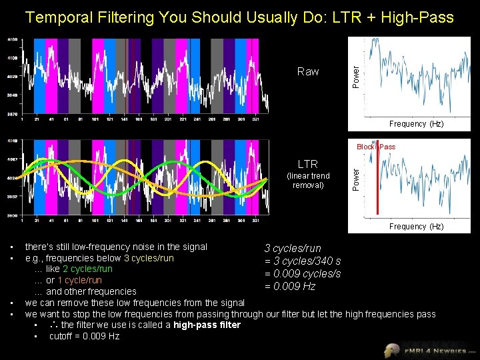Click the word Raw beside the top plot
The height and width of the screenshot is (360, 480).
(x=307, y=71)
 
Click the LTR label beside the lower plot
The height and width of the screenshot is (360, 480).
(x=307, y=164)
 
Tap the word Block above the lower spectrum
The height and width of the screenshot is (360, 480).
(x=365, y=147)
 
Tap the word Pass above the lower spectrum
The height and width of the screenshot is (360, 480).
(x=387, y=147)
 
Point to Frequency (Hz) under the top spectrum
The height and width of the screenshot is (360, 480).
(x=417, y=124)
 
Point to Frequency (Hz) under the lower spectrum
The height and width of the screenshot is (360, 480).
(x=417, y=227)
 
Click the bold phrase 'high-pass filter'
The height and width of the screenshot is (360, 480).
(x=207, y=325)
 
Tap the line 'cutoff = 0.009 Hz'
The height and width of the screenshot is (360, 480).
(x=84, y=336)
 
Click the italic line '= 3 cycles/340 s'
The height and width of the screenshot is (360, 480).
(x=303, y=261)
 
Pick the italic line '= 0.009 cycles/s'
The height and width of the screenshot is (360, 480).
(x=303, y=274)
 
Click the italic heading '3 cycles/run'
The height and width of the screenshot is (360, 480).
(x=293, y=249)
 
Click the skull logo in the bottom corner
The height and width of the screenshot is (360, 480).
(x=394, y=349)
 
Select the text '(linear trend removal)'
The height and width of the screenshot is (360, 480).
(x=307, y=180)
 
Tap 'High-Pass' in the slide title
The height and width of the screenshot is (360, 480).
(x=418, y=17)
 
